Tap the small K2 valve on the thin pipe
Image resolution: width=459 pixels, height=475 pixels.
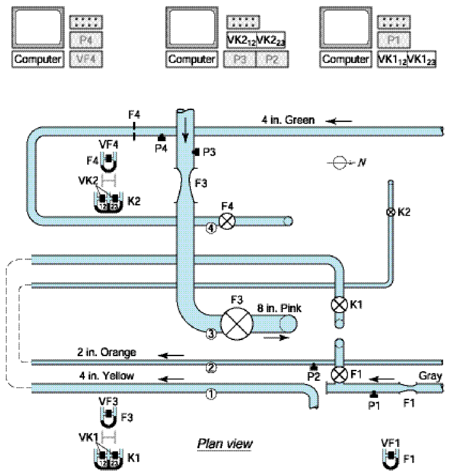coord(391,212)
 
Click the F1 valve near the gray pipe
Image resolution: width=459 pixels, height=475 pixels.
coord(339,374)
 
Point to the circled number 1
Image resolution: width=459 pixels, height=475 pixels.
coord(211,394)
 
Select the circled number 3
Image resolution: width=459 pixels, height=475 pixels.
coord(211,334)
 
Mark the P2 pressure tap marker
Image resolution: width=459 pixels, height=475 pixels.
coord(314,366)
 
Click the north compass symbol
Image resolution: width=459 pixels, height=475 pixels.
coord(339,163)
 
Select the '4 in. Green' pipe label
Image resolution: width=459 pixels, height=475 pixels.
coord(288,120)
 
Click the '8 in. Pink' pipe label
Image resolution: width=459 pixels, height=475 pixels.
coord(280,308)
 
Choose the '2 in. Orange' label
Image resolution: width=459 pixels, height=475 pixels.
coord(106,352)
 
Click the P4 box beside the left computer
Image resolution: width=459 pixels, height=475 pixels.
coord(86,41)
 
